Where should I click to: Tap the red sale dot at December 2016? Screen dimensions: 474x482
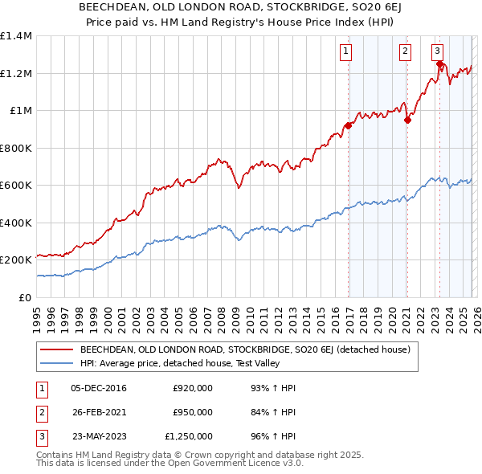pyautogui.click(x=348, y=125)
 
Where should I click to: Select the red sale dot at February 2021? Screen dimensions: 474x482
pyautogui.click(x=407, y=121)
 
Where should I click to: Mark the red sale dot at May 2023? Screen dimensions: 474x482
pyautogui.click(x=439, y=64)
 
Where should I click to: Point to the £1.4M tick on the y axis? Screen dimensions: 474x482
pyautogui.click(x=16, y=36)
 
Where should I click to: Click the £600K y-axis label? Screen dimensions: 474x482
pyautogui.click(x=16, y=186)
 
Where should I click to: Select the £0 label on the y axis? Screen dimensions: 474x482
pyautogui.click(x=25, y=297)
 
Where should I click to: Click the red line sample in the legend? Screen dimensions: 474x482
pyautogui.click(x=56, y=349)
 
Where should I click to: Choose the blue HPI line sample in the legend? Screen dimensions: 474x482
pyautogui.click(x=56, y=363)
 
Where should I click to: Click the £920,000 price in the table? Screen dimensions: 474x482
pyautogui.click(x=193, y=388)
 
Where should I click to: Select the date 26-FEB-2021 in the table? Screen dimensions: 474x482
pyautogui.click(x=98, y=412)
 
